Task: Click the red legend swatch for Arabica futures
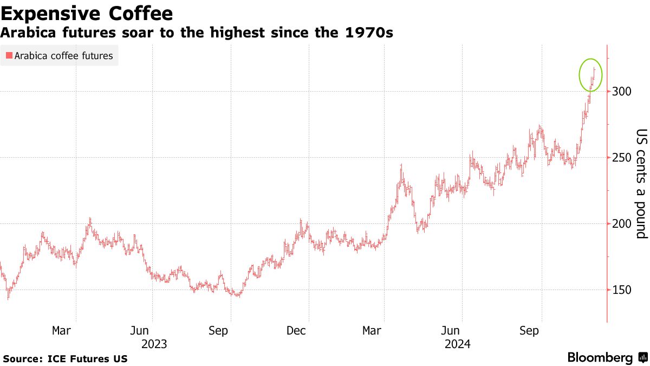pyautogui.click(x=8, y=56)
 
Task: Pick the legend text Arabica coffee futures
pyautogui.click(x=63, y=56)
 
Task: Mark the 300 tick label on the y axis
pyautogui.click(x=622, y=91)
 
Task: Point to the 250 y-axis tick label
pyautogui.click(x=622, y=157)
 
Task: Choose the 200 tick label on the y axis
pyautogui.click(x=622, y=223)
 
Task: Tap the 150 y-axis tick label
pyautogui.click(x=622, y=290)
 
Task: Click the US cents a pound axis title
pyautogui.click(x=641, y=184)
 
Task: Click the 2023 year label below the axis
pyautogui.click(x=154, y=344)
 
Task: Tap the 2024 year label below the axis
pyautogui.click(x=458, y=344)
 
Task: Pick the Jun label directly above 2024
pyautogui.click(x=451, y=330)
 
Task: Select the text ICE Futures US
pyautogui.click(x=88, y=358)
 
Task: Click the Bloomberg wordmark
pyautogui.click(x=600, y=358)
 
